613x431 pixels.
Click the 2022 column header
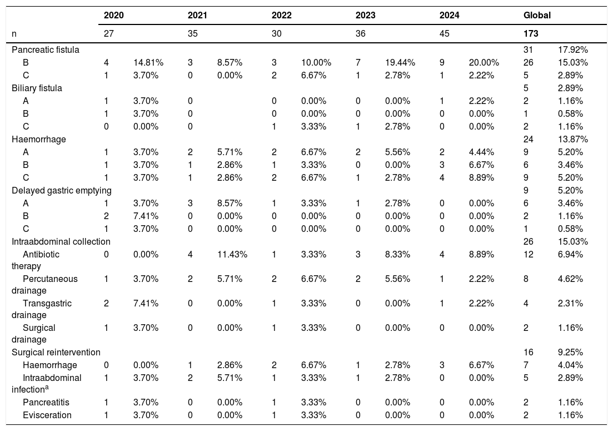281,15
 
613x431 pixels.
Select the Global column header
537,15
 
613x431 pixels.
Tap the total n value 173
531,33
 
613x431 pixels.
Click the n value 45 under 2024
444,33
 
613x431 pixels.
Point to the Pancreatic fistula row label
46,49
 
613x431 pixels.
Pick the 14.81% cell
148,63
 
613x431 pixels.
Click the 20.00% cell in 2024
484,63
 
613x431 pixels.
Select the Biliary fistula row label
37,88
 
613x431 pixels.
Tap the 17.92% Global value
573,49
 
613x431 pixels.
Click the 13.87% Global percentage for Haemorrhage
573,139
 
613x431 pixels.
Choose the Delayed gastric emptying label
61,190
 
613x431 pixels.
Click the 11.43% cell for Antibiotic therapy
232,255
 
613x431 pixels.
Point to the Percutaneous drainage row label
44,285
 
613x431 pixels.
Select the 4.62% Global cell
570,279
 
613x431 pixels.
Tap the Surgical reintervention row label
56,353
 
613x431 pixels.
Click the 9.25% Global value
570,353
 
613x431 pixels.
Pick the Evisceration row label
47,415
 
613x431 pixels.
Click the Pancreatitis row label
46,402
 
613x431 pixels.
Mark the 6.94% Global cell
570,255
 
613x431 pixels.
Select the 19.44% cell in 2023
400,63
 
